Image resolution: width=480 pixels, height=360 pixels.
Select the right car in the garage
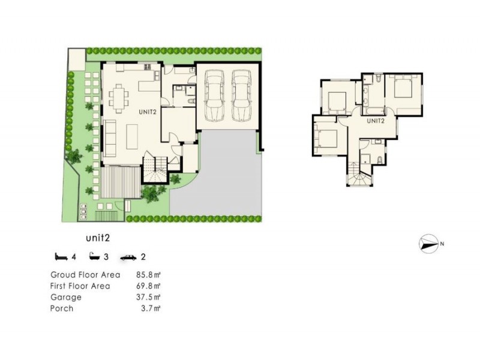241,95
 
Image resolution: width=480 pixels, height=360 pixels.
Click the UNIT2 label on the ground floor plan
148,111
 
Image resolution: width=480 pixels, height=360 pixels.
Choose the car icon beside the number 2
127,258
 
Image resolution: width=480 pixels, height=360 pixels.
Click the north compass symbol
429,243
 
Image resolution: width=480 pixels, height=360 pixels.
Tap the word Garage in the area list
66,297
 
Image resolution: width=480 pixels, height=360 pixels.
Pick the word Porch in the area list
62,308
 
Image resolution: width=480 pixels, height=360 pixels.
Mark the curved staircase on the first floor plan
359,177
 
